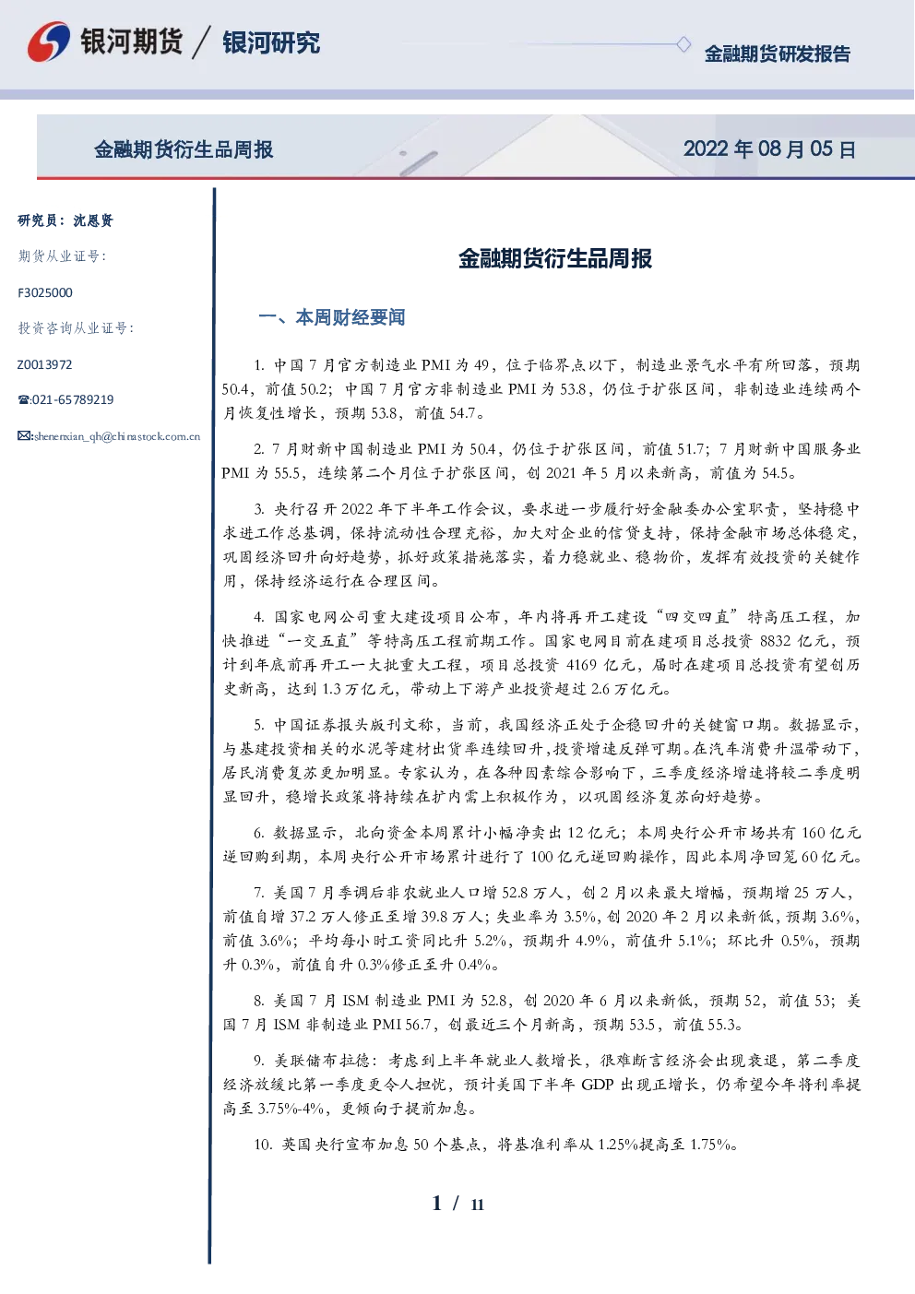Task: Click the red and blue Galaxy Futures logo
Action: (x=49, y=41)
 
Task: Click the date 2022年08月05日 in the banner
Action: (x=769, y=149)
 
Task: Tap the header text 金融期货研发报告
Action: (x=777, y=53)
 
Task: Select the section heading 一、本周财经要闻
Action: (x=332, y=317)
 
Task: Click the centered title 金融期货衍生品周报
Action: (x=555, y=259)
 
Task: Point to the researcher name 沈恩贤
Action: (x=93, y=220)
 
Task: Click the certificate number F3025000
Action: (x=45, y=293)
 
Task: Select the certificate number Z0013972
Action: (x=45, y=364)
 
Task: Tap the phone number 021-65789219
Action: (x=73, y=399)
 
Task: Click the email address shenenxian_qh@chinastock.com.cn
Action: (x=117, y=436)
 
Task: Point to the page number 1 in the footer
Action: (x=437, y=1204)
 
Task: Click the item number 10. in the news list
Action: (x=263, y=1145)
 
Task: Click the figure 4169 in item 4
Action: (x=581, y=665)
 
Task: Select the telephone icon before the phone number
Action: (x=24, y=399)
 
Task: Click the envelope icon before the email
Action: (x=25, y=435)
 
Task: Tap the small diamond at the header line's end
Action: (x=683, y=44)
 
